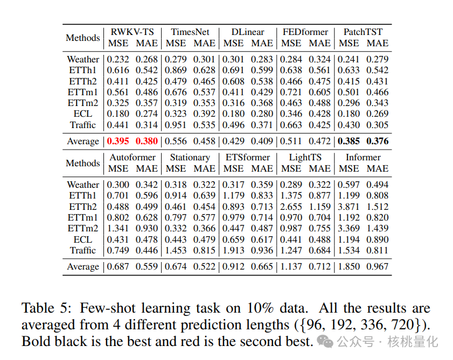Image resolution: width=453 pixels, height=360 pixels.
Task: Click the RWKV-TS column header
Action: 132,32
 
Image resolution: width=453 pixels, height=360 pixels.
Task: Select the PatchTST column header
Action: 363,32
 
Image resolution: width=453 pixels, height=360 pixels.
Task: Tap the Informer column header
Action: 363,157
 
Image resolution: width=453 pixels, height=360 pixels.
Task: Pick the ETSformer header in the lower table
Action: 248,157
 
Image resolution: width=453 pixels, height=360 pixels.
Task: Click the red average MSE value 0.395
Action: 118,142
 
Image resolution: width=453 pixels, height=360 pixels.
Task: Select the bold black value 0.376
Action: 377,142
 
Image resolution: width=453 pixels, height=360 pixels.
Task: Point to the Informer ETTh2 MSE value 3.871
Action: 349,207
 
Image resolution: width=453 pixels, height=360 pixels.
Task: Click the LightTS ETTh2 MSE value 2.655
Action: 291,207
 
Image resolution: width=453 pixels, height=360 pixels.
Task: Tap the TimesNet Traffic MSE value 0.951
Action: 176,125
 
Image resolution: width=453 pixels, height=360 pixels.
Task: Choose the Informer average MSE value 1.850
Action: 349,267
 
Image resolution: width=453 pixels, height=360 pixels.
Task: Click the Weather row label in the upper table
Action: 83,59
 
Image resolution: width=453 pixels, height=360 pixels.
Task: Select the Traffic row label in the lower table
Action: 83,250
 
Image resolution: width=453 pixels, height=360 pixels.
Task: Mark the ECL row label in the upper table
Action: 83,114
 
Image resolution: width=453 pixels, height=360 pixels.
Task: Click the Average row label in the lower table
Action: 83,267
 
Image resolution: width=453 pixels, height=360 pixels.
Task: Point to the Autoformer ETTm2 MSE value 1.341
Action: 118,229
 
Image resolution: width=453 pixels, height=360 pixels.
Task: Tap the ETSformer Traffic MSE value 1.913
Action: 233,250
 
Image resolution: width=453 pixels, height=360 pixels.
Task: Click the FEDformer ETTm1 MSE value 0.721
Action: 291,92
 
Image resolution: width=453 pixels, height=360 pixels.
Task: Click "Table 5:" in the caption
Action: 47,308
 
